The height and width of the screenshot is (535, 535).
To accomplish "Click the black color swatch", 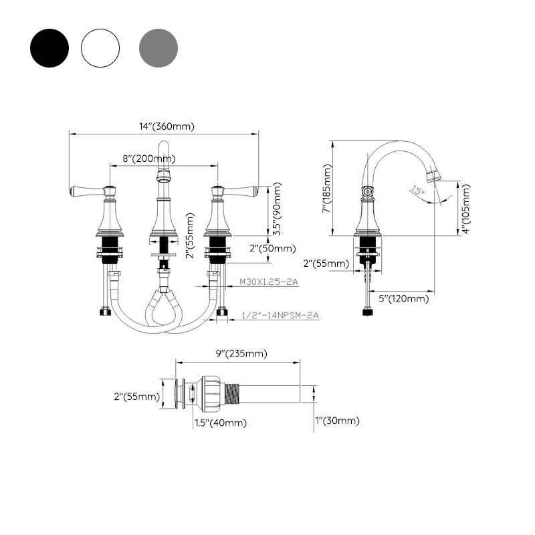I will (49, 47).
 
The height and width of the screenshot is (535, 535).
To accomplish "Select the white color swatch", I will (100, 47).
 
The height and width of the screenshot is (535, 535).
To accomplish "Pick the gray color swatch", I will (158, 47).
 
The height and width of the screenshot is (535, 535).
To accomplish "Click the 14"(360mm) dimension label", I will (167, 126).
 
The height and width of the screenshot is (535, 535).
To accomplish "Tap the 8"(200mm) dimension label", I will (148, 158).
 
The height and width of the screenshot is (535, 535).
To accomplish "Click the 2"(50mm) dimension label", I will (272, 248).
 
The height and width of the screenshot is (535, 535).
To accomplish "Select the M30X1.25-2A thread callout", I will (269, 282).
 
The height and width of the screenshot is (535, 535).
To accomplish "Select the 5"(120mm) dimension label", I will (403, 298).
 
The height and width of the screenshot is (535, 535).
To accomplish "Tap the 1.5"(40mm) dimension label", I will (220, 422).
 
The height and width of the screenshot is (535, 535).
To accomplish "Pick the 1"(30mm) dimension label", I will (337, 420).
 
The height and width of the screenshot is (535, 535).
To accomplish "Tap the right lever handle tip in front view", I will (254, 192).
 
